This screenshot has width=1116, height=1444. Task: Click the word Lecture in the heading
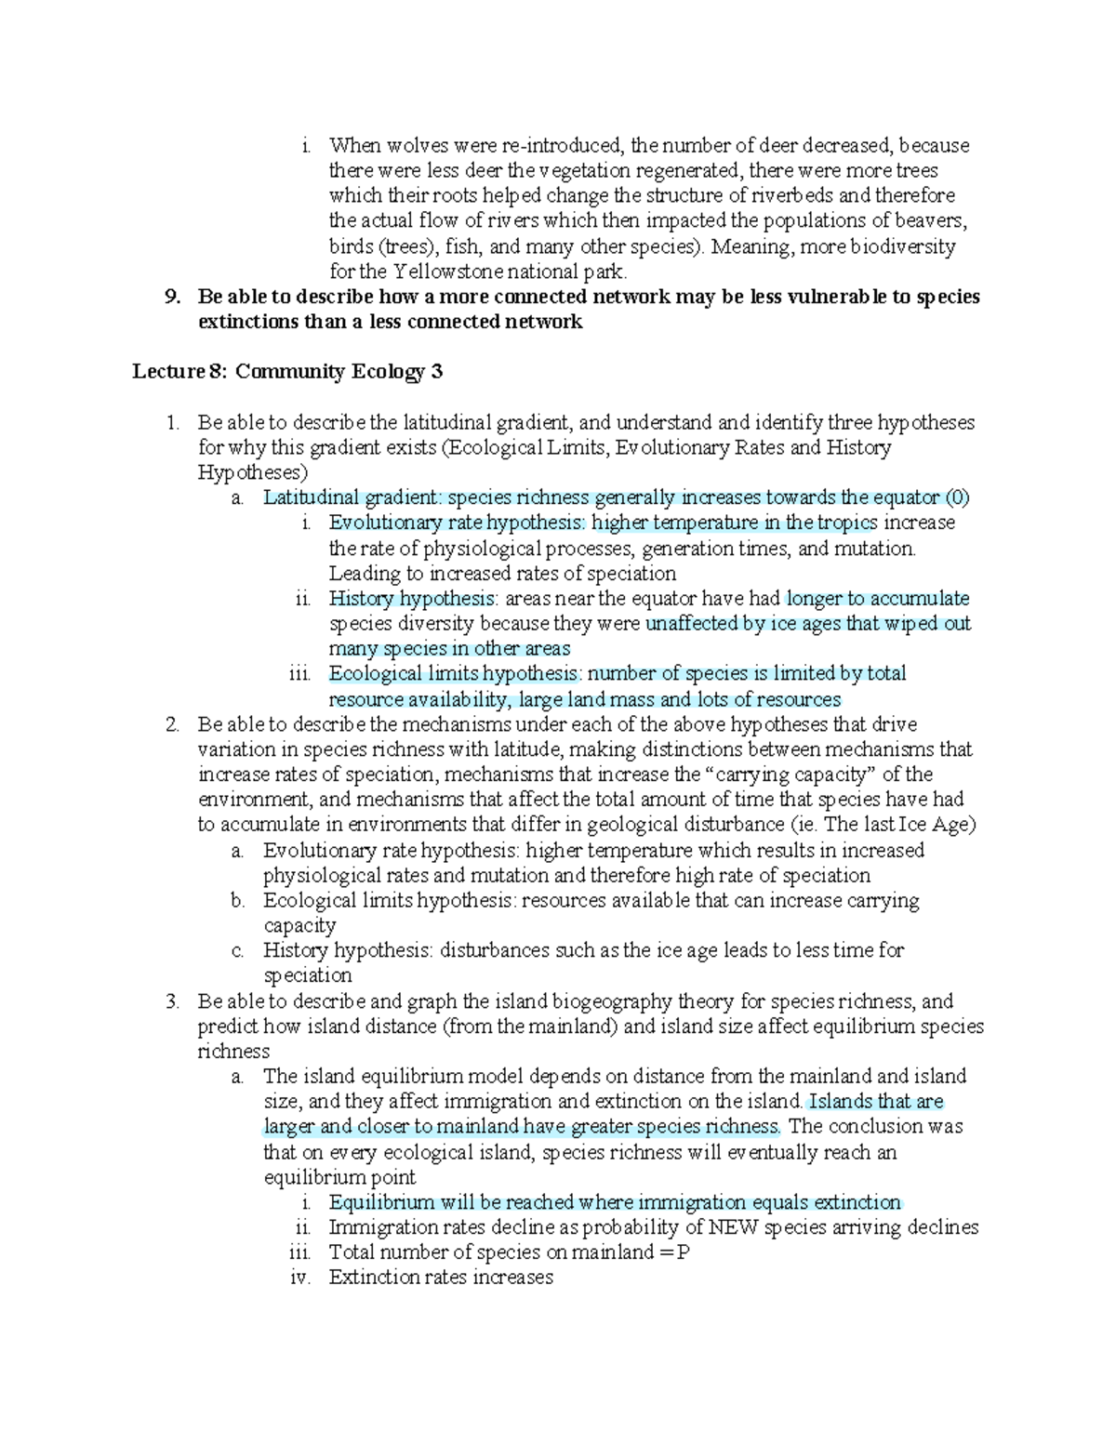pyautogui.click(x=166, y=373)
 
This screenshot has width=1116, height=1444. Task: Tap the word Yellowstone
pyautogui.click(x=446, y=272)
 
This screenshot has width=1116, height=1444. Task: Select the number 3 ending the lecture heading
pyautogui.click(x=436, y=373)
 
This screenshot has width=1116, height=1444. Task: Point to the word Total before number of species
pyautogui.click(x=351, y=1252)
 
